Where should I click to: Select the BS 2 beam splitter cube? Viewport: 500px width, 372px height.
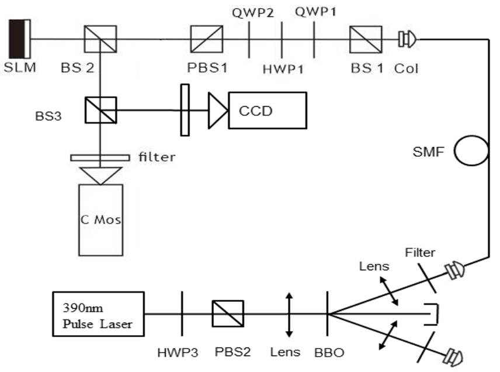[101, 39]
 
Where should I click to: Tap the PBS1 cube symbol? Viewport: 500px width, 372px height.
[207, 39]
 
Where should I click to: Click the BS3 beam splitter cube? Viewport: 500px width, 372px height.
[101, 109]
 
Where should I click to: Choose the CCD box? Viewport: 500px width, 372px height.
[268, 109]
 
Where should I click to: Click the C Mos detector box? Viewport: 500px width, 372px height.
[100, 219]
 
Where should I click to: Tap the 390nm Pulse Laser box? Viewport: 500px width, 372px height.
[98, 314]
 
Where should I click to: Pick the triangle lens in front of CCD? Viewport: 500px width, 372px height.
[217, 109]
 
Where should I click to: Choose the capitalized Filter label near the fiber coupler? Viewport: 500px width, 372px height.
[421, 253]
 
